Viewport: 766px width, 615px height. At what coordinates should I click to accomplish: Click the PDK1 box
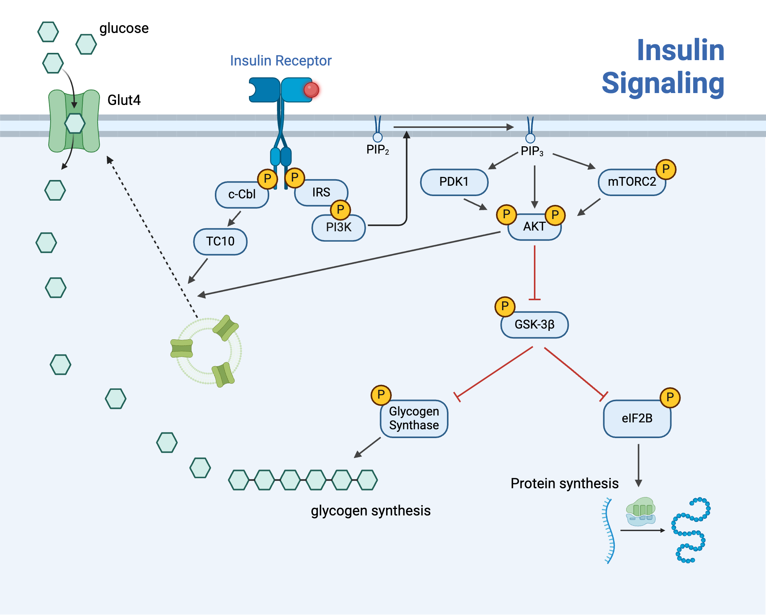coord(454,182)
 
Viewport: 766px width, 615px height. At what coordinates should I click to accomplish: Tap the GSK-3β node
coord(534,325)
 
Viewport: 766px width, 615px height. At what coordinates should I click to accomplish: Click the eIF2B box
coord(637,419)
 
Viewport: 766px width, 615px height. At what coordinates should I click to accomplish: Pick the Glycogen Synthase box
coord(414,419)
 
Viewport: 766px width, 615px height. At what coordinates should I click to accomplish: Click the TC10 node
coord(220,242)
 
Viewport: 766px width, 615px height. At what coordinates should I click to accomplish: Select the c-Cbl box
coord(241,195)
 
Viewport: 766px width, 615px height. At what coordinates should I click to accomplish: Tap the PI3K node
coord(339,227)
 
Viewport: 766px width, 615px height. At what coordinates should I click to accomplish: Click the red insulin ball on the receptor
coord(311,90)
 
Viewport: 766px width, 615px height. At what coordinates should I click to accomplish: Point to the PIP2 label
coord(377,150)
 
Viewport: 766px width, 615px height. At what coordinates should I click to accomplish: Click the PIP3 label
coord(532,151)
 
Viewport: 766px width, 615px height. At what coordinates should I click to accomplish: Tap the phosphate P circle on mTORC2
coord(666,169)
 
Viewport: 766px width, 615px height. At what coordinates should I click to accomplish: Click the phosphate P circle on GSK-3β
coord(505,306)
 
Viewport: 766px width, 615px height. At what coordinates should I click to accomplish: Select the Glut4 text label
coord(124,100)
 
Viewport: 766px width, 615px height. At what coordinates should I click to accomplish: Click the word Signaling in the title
coord(663,83)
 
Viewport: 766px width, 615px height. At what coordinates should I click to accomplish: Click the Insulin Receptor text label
coord(280,61)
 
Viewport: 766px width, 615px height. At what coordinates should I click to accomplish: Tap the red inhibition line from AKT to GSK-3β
coord(534,272)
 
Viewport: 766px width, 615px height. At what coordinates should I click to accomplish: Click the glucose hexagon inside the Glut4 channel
coord(75,123)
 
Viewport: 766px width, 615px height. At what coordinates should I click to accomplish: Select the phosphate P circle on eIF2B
coord(670,397)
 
